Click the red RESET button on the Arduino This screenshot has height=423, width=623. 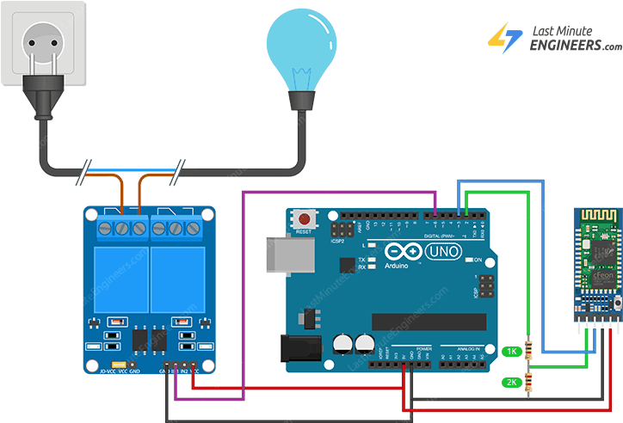(x=303, y=218)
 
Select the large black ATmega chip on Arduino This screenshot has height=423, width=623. (x=422, y=321)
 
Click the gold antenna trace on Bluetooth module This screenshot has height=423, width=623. (x=595, y=216)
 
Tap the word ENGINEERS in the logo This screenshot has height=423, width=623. (x=572, y=46)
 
